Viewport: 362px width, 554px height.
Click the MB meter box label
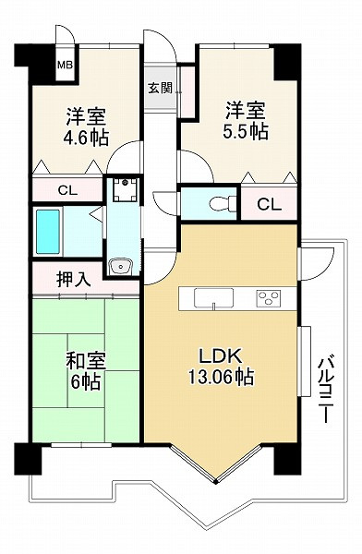(65, 65)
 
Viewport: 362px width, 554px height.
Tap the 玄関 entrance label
(160, 88)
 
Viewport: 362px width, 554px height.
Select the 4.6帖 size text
(86, 138)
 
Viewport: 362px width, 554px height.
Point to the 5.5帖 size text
(246, 132)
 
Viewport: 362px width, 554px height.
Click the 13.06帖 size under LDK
(221, 377)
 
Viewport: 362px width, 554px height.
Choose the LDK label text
(220, 355)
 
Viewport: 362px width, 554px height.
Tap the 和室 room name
(86, 361)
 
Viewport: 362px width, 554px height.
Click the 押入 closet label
(74, 280)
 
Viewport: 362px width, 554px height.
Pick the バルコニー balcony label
(327, 390)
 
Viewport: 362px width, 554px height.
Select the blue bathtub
(48, 232)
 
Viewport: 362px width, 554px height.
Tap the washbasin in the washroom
(121, 267)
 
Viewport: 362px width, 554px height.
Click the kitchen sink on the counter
(213, 297)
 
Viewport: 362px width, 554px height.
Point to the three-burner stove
(269, 298)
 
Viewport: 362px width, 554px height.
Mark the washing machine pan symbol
(125, 190)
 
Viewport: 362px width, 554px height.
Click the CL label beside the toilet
(270, 205)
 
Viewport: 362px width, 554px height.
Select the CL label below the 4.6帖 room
(67, 191)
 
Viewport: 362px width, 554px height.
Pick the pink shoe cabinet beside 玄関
(187, 91)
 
